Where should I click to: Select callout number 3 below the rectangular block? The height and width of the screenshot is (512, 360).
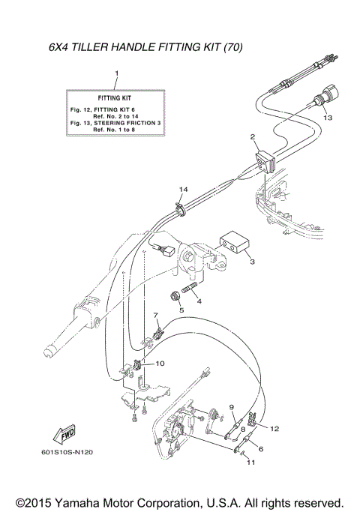tap(252, 262)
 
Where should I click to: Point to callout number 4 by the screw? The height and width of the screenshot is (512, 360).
tap(199, 301)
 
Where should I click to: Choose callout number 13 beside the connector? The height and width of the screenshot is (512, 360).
tap(328, 118)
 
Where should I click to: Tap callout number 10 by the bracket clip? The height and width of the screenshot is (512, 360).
tap(160, 364)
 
